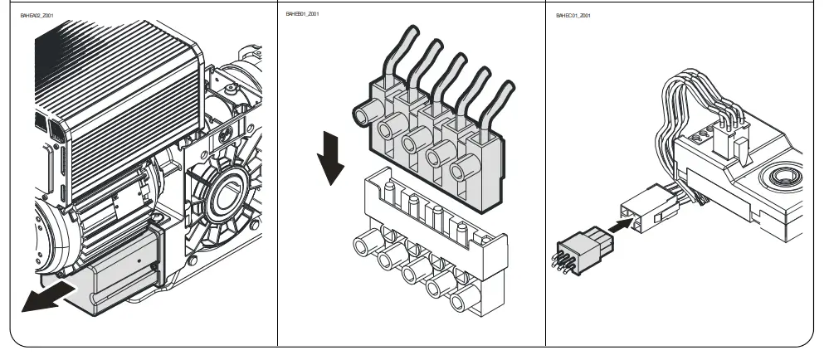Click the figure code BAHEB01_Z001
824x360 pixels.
click(302, 15)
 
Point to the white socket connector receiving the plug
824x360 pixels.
click(646, 207)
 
